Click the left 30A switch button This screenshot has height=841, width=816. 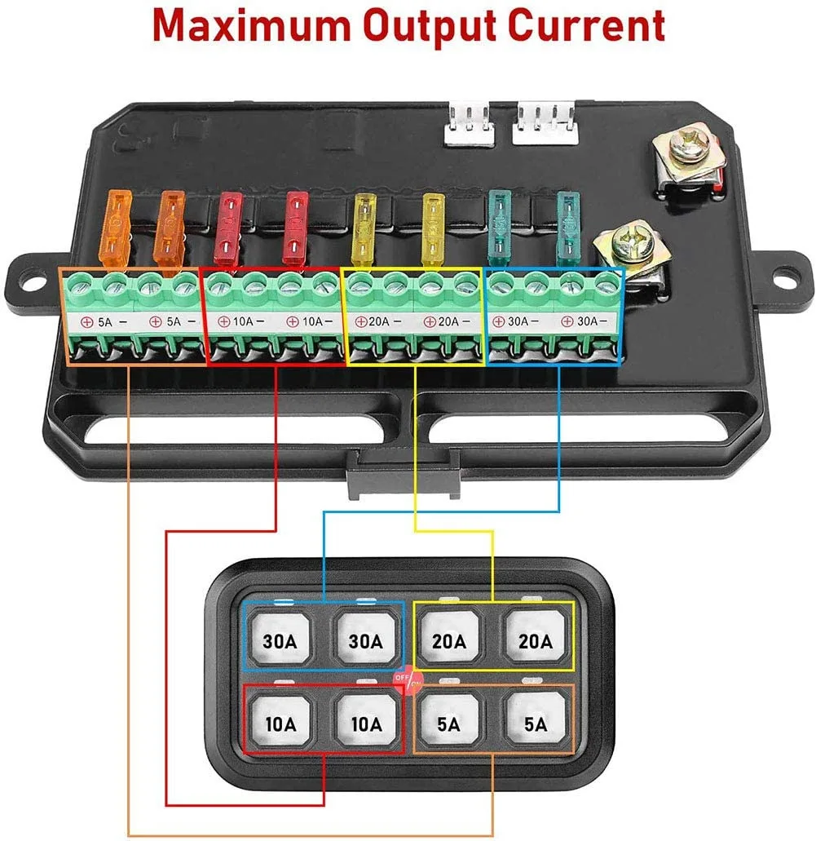[279, 640]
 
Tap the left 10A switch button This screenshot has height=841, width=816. [279, 723]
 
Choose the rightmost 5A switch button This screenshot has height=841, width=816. [535, 723]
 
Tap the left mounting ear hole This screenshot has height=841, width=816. [31, 275]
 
